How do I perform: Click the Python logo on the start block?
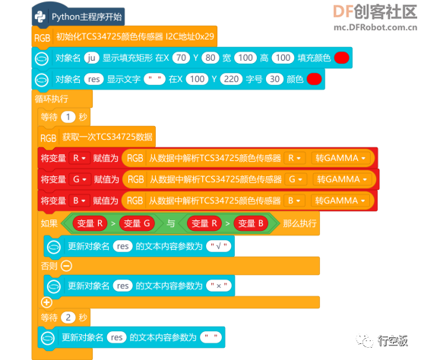coord(40,17)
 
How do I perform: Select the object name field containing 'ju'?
coord(91,58)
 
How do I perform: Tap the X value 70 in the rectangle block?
coord(181,58)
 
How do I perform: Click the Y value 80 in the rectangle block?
coord(210,58)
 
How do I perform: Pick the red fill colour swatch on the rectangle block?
coord(341,58)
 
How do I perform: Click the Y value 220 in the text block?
coord(231,79)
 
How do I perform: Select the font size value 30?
coord(274,79)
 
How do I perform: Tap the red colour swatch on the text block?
coord(314,79)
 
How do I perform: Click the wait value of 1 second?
coord(68,117)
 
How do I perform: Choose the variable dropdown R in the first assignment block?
coord(79,158)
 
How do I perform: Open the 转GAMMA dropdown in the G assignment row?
coord(341,179)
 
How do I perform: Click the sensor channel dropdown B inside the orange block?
coord(294,201)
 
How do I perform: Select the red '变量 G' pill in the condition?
coord(137,223)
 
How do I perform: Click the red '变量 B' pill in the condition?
coord(251,223)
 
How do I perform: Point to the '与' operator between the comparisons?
coord(171,223)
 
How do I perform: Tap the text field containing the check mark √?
coord(219,246)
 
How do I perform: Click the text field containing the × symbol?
coord(219,286)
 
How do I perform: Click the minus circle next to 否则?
coord(66,266)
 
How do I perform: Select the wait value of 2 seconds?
coord(68,317)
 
